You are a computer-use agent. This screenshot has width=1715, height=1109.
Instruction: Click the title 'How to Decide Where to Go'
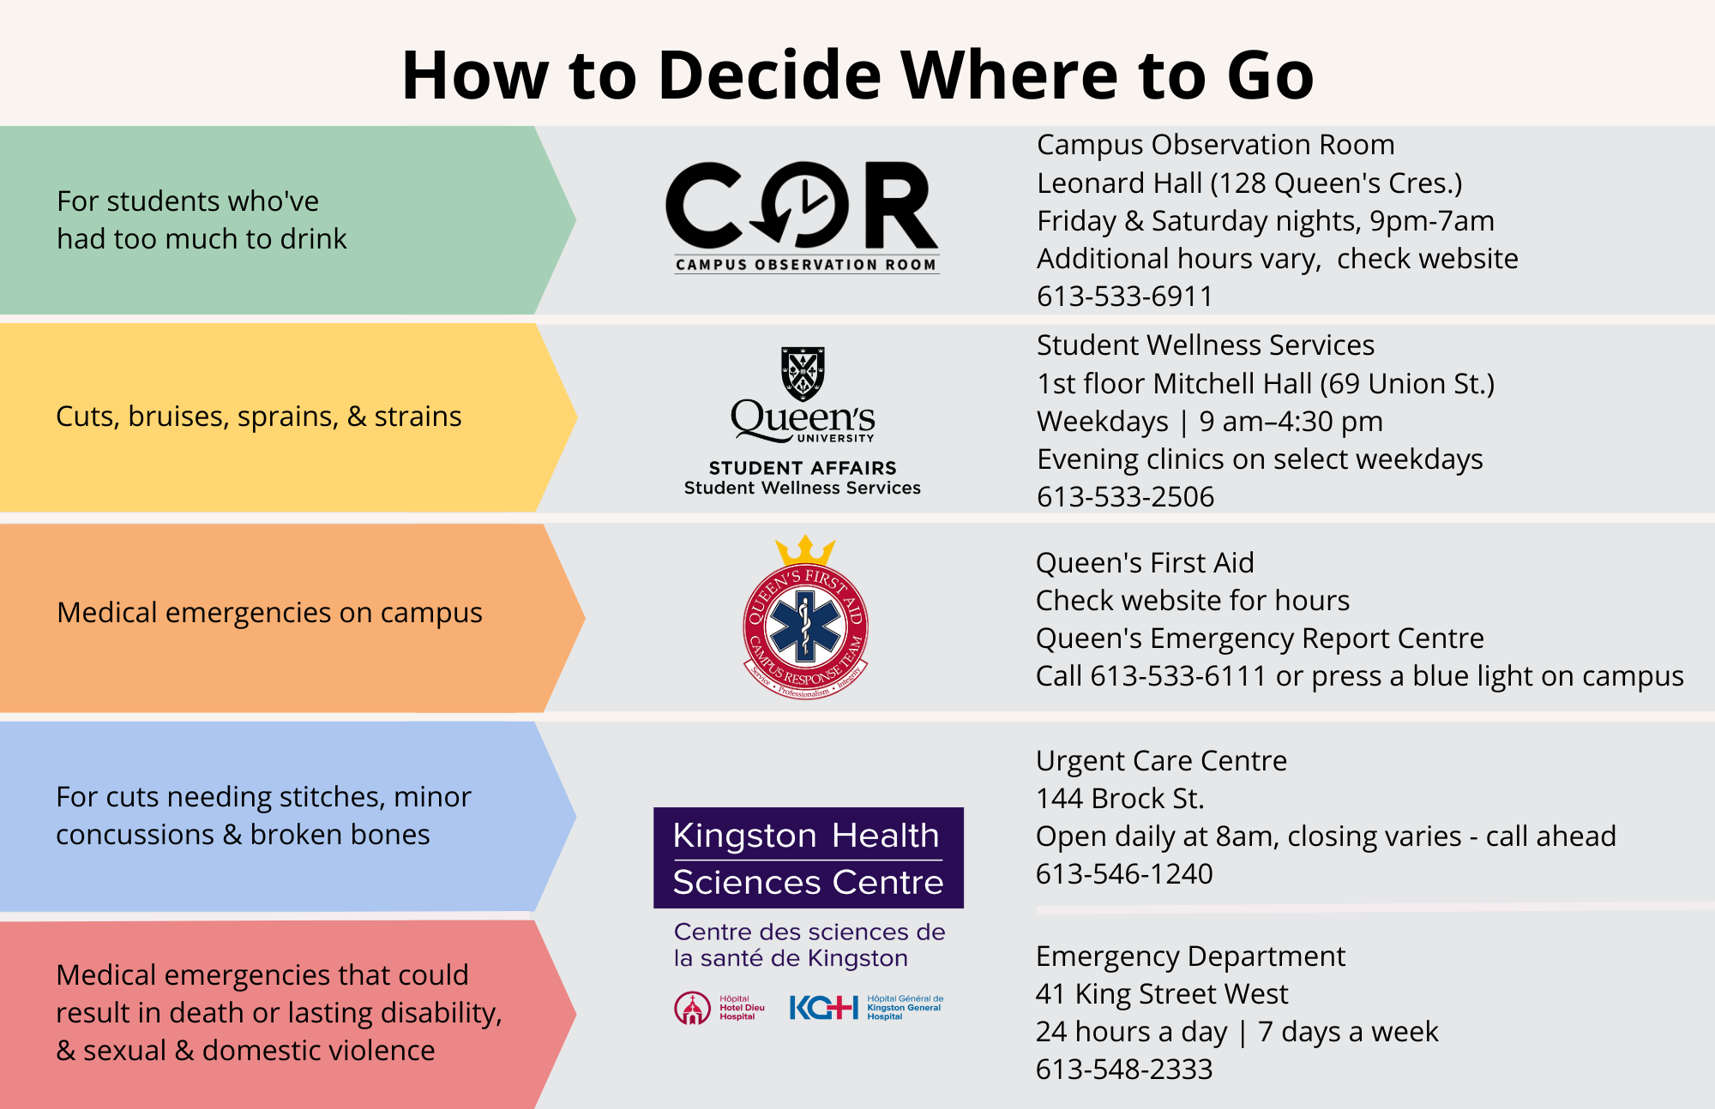coord(857,75)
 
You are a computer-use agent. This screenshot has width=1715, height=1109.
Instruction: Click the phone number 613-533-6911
coord(1124,297)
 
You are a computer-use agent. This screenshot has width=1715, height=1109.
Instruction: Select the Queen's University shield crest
coord(803,374)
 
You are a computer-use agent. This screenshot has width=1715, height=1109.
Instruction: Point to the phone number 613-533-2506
coord(1125,497)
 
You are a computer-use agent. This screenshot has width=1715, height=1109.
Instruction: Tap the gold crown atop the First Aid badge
coord(805,550)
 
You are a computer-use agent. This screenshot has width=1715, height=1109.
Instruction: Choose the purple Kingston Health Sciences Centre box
coord(808,858)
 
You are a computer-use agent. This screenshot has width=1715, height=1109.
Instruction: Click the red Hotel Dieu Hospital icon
coord(692,1009)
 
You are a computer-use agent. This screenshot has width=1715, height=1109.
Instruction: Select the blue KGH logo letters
coord(823,1008)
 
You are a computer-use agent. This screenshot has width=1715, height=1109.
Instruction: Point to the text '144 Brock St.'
coord(1120,799)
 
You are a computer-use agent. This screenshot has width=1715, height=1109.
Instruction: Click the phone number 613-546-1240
coord(1124,874)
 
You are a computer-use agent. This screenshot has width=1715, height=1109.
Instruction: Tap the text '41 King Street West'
coord(1162,994)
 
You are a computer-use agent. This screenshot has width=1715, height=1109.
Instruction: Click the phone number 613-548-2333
coord(1124,1070)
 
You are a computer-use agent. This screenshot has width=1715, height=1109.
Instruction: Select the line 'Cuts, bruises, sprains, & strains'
coord(259,417)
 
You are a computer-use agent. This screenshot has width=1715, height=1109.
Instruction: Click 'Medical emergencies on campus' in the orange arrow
coord(269,614)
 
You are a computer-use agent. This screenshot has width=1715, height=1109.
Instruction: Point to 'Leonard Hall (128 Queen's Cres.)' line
coord(1249,183)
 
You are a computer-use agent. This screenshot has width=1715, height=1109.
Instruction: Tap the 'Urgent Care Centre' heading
coord(1161,761)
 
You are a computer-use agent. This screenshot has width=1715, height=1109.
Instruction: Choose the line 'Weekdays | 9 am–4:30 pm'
coord(1210,422)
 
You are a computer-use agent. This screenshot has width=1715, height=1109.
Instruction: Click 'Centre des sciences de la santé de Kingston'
coord(809,945)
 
